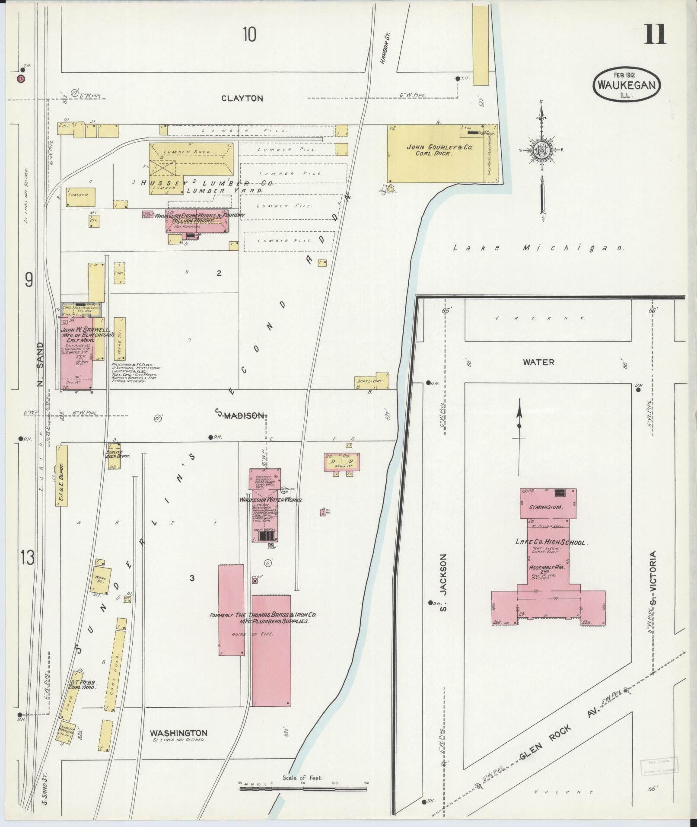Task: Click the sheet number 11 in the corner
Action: click(655, 35)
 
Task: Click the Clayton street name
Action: click(242, 99)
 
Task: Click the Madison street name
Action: click(244, 415)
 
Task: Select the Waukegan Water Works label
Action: click(271, 500)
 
